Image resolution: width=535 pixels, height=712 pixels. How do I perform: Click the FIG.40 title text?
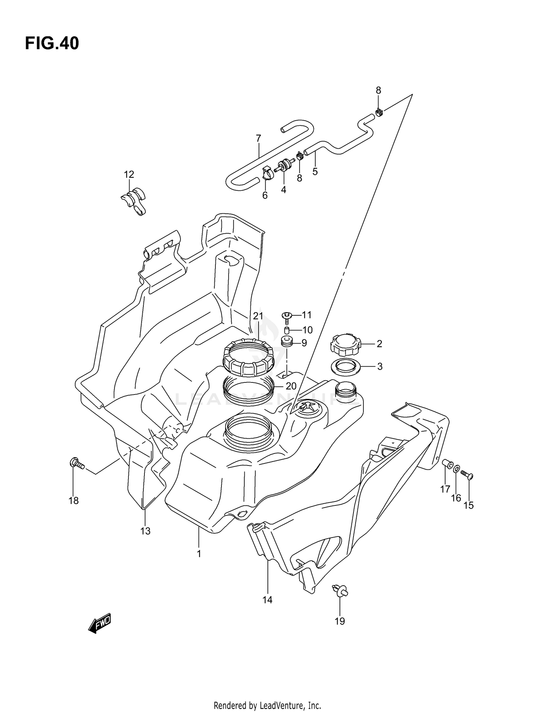pos(52,44)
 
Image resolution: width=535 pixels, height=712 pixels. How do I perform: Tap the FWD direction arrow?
pos(100,623)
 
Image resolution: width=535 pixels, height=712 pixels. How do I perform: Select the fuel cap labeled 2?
pos(345,345)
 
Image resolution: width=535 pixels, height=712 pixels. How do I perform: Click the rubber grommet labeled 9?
pos(287,342)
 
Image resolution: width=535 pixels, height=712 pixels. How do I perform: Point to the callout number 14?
pos(267,600)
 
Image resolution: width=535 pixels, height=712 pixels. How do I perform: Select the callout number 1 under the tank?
pos(199,554)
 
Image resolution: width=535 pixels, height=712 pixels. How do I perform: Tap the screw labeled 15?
pos(467,474)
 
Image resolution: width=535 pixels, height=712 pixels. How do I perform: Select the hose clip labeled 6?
pos(267,173)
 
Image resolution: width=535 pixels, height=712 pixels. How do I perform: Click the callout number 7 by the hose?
pos(258,138)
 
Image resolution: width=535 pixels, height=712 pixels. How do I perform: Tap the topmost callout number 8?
pos(378,91)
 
